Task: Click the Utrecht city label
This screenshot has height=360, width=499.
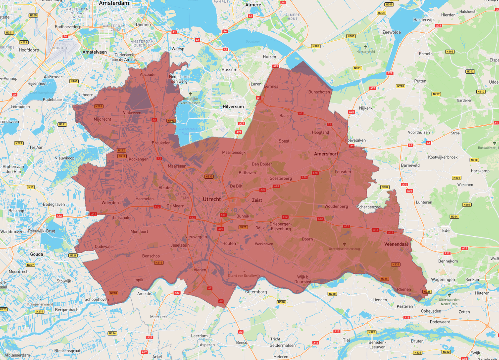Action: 212,199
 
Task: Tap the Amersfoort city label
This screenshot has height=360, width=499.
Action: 326,154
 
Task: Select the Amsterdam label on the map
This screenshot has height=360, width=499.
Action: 114,3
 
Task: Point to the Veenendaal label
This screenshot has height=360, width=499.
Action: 396,244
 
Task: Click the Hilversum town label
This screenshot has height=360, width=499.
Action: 233,107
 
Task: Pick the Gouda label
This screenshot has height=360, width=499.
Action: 37,254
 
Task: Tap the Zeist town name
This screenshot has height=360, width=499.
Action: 257,200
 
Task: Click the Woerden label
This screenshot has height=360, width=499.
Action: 110,203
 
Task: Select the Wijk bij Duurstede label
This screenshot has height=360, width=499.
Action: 304,279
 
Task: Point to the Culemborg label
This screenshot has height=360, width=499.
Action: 256,292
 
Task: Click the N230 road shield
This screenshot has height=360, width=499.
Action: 209,177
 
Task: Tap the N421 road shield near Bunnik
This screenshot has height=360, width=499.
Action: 243,227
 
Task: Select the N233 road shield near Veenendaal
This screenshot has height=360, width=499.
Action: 396,264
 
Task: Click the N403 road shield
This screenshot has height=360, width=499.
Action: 171,121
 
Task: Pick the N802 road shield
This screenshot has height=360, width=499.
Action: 385,187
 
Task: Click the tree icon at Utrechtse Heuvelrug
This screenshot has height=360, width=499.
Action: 344,244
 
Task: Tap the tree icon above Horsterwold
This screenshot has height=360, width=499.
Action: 366,47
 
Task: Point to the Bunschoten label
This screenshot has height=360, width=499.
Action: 319,92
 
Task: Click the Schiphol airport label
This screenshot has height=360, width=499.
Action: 59,48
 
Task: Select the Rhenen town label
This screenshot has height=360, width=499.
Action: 404,289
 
